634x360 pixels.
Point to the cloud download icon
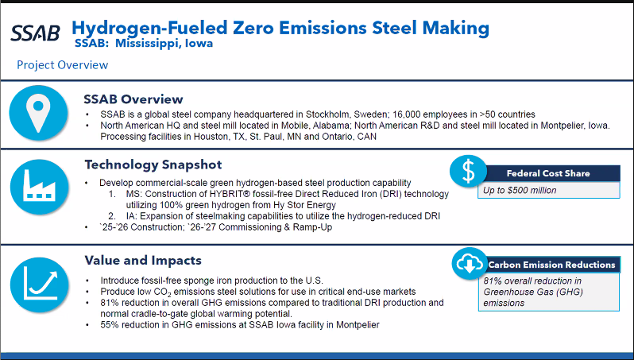coord(469,264)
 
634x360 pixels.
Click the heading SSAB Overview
coord(133,99)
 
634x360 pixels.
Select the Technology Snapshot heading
coord(153,165)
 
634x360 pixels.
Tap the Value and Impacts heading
coord(143,260)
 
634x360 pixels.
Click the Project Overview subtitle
coord(62,64)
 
